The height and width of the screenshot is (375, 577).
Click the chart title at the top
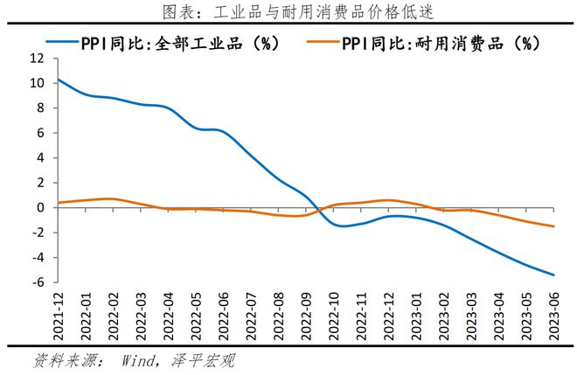point(288,11)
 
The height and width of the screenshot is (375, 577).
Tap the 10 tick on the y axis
point(36,83)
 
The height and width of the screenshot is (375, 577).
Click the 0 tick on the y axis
point(39,208)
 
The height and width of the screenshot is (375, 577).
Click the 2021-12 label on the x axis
point(59,316)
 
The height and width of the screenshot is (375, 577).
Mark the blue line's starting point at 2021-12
point(57,80)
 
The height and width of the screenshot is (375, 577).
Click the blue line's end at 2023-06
point(553,274)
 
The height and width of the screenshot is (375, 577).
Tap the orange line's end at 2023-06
point(553,226)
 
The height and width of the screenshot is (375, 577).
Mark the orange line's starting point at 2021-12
point(57,203)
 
